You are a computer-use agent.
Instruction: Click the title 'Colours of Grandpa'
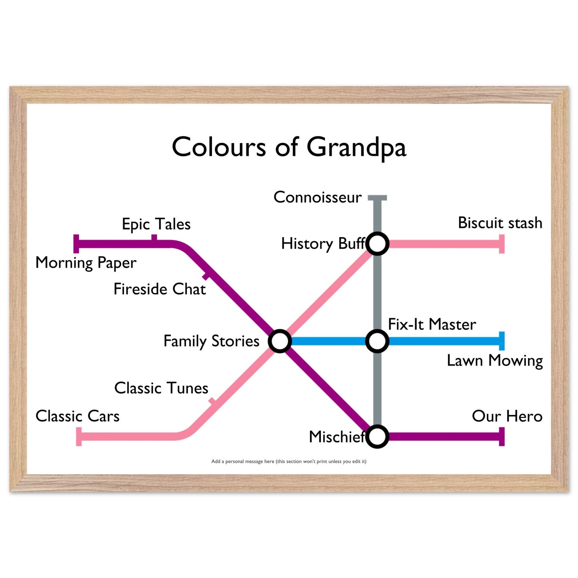coord(289,148)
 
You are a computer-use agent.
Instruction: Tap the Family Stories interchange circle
coord(280,341)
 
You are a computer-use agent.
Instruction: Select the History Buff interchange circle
coord(377,244)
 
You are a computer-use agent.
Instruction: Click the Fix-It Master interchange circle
coord(377,341)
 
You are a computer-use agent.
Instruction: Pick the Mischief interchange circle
coord(377,437)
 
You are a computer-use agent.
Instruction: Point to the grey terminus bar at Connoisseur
coord(377,198)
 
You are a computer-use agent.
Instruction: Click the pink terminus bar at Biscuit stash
coord(502,244)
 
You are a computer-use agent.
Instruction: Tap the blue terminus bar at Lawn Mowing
coord(502,341)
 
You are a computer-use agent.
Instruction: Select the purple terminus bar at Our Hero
coord(502,437)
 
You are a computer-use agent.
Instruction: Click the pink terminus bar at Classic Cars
coord(79,437)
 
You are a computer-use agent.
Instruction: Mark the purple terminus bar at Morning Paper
coord(76,244)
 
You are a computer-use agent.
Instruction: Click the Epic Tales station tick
coord(154,238)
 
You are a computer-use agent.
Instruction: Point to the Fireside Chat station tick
coord(206,276)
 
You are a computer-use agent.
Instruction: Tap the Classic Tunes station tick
coord(212,401)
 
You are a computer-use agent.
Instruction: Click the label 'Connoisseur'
coord(317,197)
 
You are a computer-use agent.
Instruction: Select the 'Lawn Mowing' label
coord(495,361)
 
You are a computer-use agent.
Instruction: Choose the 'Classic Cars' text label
coord(77,416)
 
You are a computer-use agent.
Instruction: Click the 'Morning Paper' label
coord(86,263)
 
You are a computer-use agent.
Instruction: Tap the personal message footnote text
coord(289,461)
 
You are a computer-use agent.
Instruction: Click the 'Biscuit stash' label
coord(500,223)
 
